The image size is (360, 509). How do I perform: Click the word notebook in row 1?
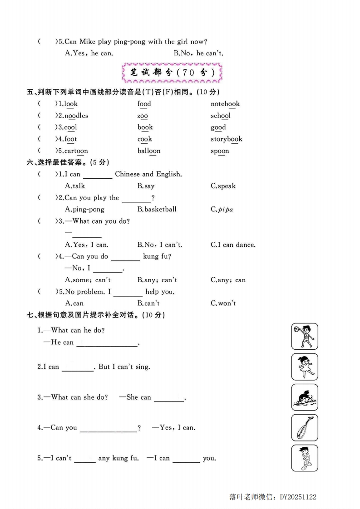(x=225, y=104)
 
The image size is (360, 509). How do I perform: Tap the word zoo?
(x=143, y=116)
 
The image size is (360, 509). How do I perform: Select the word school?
(x=220, y=116)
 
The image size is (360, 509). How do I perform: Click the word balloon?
(x=149, y=151)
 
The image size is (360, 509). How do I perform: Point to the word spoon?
(x=220, y=151)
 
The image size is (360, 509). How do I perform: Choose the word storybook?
(x=226, y=139)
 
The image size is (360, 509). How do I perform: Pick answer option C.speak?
(x=223, y=186)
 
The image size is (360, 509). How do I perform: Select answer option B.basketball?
(x=157, y=210)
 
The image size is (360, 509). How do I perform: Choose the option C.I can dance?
(x=233, y=245)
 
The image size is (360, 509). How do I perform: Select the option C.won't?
(x=223, y=303)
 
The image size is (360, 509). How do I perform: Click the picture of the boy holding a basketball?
(x=305, y=336)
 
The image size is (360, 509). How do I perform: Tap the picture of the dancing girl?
(x=305, y=367)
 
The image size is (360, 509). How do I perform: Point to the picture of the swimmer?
(x=305, y=397)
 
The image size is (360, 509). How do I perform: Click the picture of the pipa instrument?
(x=305, y=427)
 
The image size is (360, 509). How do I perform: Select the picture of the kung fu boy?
(x=305, y=458)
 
